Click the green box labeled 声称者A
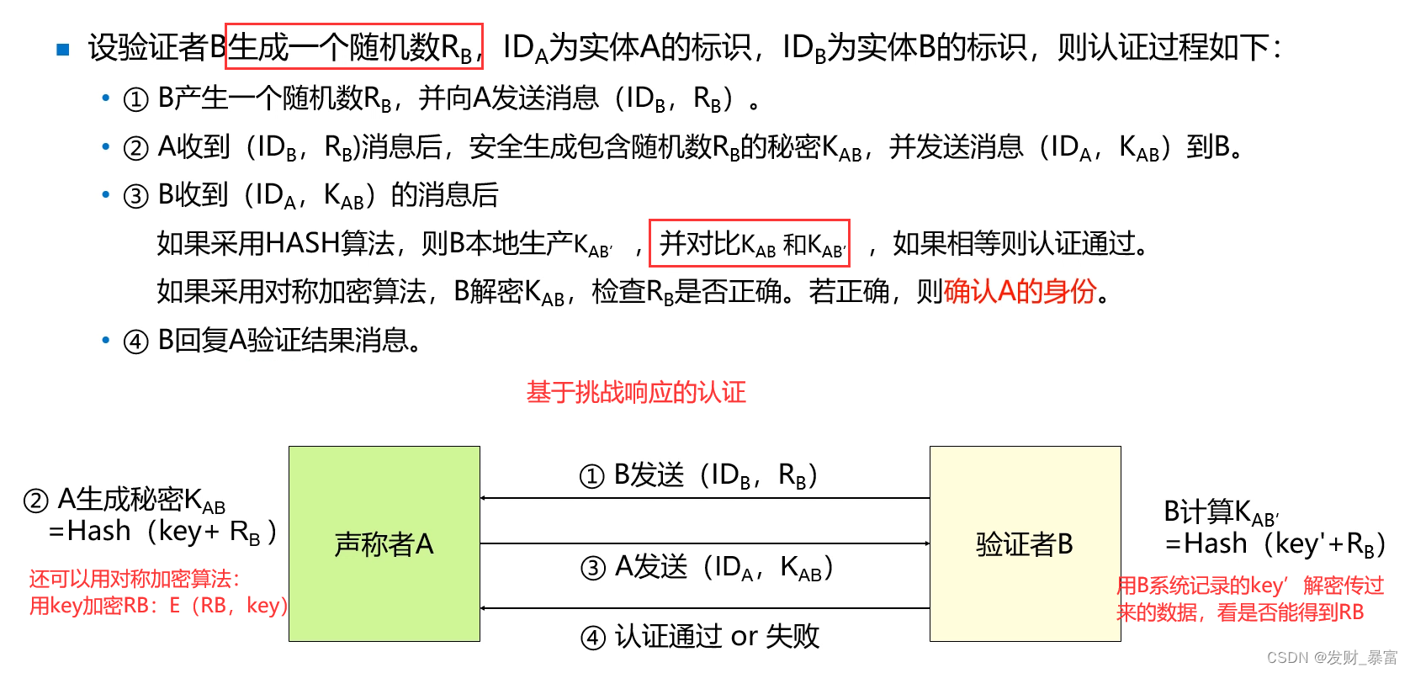[x=384, y=544]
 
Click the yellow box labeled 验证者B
[x=1025, y=544]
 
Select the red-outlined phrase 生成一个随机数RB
[x=354, y=47]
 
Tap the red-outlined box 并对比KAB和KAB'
[x=749, y=244]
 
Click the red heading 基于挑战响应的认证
[x=636, y=392]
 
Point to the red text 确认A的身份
[x=1020, y=291]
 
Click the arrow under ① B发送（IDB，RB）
[x=705, y=498]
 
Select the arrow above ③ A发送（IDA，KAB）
[x=705, y=543]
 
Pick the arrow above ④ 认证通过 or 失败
[x=705, y=607]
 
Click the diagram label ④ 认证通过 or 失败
[x=700, y=637]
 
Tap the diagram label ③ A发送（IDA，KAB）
[x=707, y=568]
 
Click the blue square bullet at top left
[x=63, y=49]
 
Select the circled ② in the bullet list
[x=135, y=148]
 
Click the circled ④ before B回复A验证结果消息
[x=135, y=342]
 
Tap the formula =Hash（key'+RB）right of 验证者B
[x=1275, y=544]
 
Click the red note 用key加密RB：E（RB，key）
[x=158, y=606]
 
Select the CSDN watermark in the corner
[x=1331, y=657]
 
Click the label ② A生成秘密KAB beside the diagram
[x=125, y=501]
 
